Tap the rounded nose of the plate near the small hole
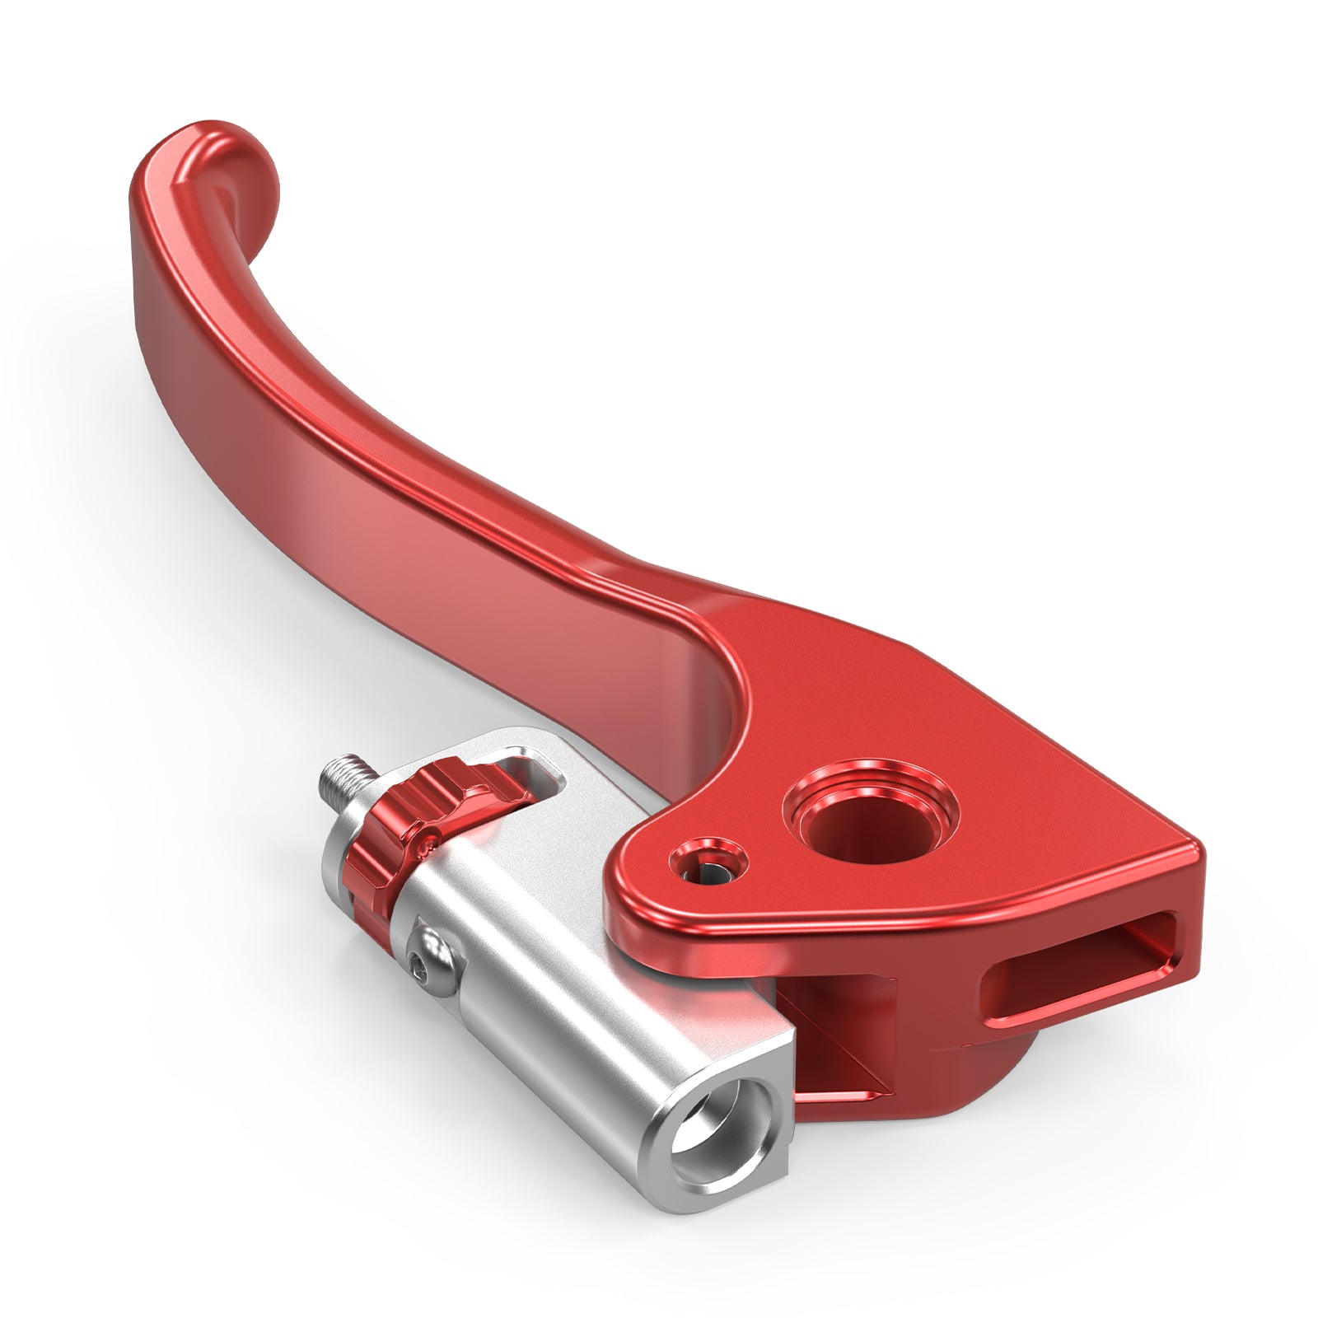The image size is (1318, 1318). [626, 890]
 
